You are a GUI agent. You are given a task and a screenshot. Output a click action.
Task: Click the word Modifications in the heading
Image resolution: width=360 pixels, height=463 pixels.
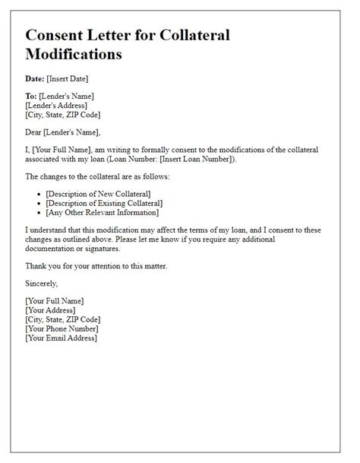coord(73,55)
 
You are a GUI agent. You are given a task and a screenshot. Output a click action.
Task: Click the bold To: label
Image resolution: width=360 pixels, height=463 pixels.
coord(31,97)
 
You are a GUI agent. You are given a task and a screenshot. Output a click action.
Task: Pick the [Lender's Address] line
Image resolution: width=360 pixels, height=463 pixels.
coord(58,106)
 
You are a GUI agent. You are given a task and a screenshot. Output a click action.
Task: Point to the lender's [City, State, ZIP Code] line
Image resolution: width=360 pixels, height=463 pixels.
coord(63,116)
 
